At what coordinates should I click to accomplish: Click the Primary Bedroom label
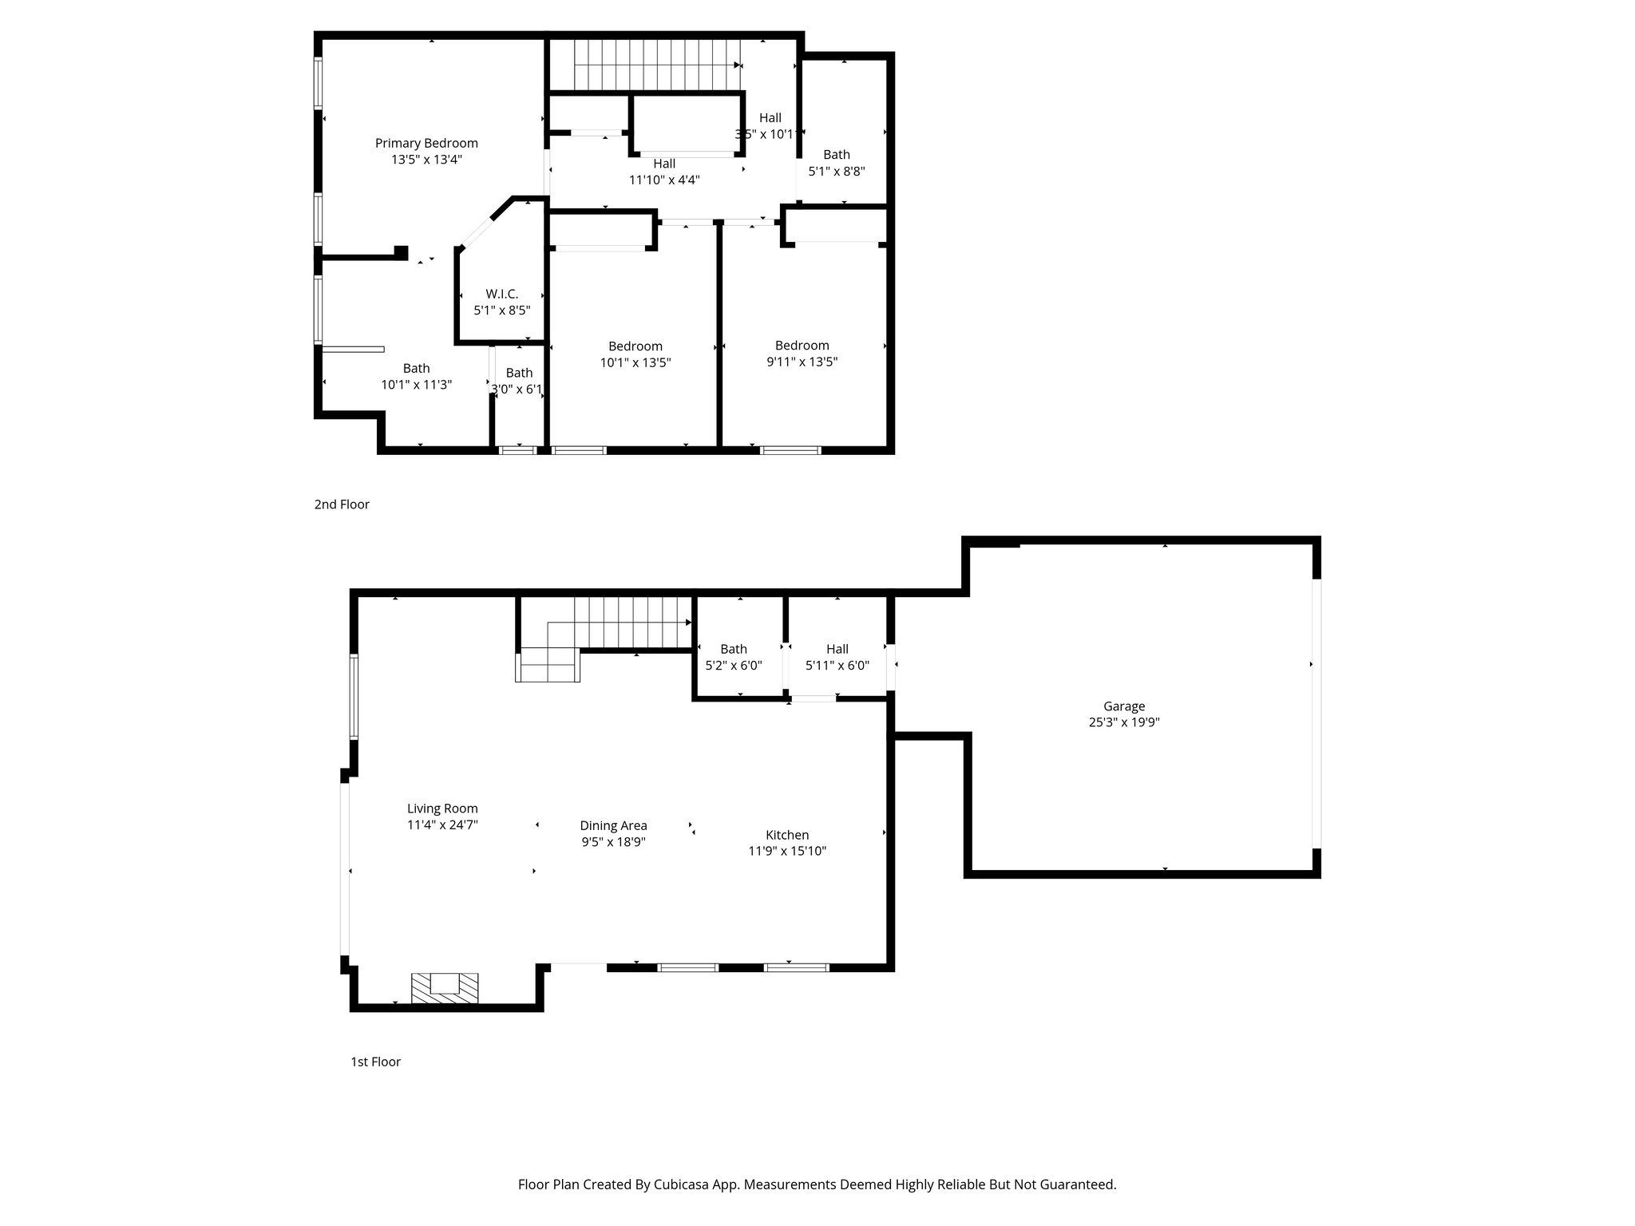point(426,144)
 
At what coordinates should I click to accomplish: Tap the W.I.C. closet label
point(501,295)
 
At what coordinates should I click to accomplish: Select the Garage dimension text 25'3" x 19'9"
point(1124,722)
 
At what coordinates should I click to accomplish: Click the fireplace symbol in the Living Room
point(445,987)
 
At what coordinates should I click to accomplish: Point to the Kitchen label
point(786,835)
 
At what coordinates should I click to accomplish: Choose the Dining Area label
point(613,826)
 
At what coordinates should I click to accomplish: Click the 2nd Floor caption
point(342,504)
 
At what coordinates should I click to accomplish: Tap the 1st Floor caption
point(375,1062)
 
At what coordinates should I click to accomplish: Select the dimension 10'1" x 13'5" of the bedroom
point(635,362)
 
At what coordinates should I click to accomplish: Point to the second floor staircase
point(656,65)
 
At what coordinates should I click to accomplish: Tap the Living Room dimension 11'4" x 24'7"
point(442,825)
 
